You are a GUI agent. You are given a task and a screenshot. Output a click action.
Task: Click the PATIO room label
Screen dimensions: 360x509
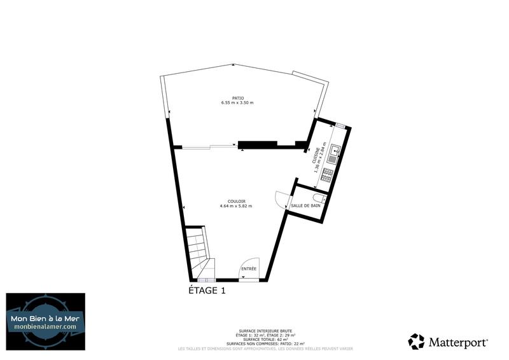pos(237,98)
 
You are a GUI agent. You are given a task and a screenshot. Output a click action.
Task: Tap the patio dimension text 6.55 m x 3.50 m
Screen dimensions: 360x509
pos(237,103)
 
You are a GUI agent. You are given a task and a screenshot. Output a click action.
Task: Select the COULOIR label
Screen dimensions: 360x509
pos(236,201)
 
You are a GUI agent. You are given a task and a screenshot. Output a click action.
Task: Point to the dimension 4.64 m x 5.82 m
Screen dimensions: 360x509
pos(236,206)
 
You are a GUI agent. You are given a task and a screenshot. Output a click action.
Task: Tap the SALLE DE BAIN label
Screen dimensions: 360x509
pos(305,205)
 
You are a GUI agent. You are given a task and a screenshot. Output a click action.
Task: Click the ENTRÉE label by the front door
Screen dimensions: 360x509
pos(249,269)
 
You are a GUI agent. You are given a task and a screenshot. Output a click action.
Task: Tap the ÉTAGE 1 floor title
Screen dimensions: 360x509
pos(207,291)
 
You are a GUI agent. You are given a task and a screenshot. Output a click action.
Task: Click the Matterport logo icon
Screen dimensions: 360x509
pos(416,342)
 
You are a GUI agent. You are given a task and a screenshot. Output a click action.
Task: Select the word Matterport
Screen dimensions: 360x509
pos(458,342)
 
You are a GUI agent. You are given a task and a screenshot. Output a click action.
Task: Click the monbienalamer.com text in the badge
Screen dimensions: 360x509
pos(46,326)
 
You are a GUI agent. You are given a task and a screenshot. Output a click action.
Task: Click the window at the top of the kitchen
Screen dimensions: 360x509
pos(340,125)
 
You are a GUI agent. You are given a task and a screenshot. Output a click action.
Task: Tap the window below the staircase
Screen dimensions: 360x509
pos(206,280)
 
